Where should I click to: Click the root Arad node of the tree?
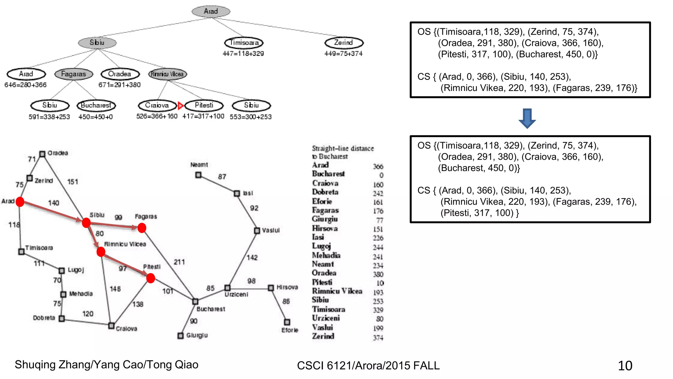211,11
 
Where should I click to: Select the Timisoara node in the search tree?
244,43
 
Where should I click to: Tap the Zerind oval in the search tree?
344,43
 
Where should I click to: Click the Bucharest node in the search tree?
96,106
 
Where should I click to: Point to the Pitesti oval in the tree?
204,105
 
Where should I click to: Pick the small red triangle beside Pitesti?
180,106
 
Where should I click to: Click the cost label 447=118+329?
243,54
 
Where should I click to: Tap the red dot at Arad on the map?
20,202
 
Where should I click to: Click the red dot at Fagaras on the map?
142,228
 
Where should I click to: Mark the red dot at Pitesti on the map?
151,278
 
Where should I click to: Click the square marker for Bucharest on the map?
195,301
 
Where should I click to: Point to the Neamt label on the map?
199,164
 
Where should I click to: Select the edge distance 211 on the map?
179,262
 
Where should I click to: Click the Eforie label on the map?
290,330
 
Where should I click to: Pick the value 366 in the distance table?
378,166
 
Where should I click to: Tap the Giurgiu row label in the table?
325,219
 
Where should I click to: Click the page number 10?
625,366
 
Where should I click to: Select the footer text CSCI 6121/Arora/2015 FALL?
368,366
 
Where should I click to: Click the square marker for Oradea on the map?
42,154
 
